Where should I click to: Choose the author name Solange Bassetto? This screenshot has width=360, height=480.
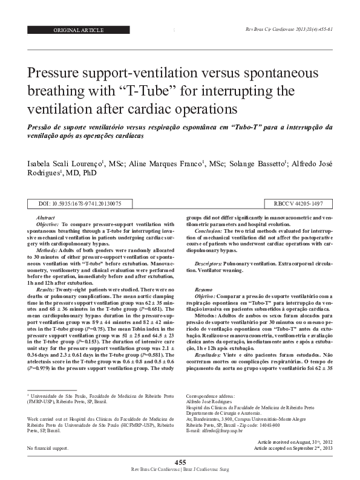coord(250,164)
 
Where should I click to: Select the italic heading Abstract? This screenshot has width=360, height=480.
coord(46,217)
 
